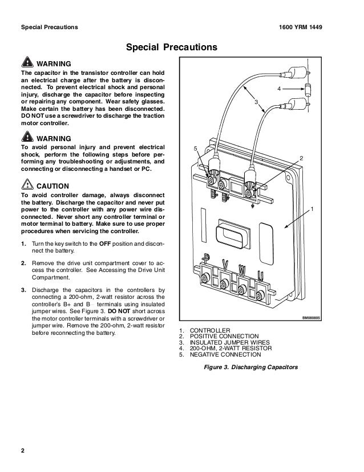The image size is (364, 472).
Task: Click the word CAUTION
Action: pyautogui.click(x=53, y=186)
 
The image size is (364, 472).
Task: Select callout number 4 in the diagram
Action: pyautogui.click(x=279, y=90)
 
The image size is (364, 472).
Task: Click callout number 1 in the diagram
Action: pyautogui.click(x=312, y=209)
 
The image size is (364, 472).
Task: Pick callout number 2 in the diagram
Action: pyautogui.click(x=301, y=157)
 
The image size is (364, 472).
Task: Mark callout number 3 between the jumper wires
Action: pyautogui.click(x=256, y=101)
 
